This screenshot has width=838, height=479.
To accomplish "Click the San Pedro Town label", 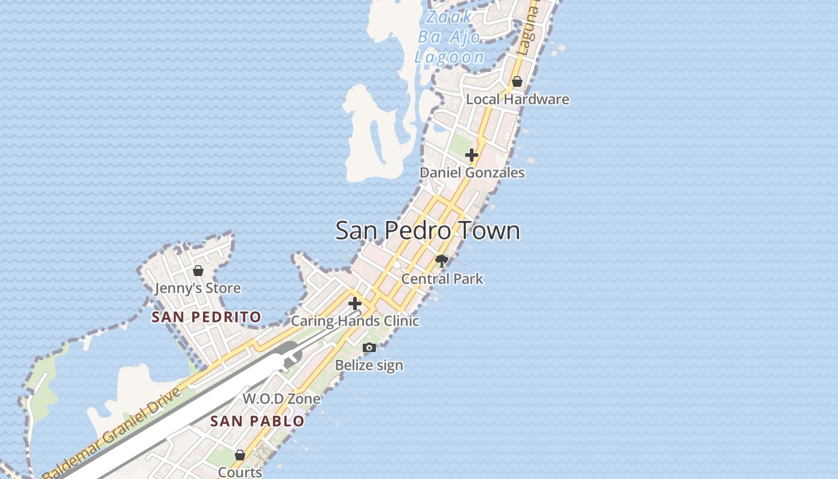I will (427, 231).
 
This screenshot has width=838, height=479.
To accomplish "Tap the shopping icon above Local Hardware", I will (517, 81).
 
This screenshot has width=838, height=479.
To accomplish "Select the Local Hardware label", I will (517, 99).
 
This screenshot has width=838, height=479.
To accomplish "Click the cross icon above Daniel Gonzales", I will (472, 156).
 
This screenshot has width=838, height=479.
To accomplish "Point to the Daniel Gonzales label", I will (472, 173).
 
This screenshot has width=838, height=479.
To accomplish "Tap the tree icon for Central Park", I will (442, 261).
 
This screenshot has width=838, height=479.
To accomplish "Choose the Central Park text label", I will (442, 279).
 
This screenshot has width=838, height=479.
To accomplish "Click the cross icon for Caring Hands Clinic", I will (355, 304).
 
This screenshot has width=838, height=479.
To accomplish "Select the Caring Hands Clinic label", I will (355, 321).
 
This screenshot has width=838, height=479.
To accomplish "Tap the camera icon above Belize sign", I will (369, 348).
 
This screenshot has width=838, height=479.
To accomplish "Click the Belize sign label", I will (369, 365).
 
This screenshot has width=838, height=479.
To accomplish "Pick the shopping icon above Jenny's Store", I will (198, 271).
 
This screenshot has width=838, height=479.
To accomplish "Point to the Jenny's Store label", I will (198, 289).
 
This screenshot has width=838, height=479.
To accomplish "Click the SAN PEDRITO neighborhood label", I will (207, 317).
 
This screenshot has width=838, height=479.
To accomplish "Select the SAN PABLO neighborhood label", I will (257, 422).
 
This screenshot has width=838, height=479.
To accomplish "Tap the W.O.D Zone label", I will (281, 399).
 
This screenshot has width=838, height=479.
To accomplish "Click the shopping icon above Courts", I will (240, 456).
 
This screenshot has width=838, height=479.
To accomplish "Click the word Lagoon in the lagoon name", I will (450, 57).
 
